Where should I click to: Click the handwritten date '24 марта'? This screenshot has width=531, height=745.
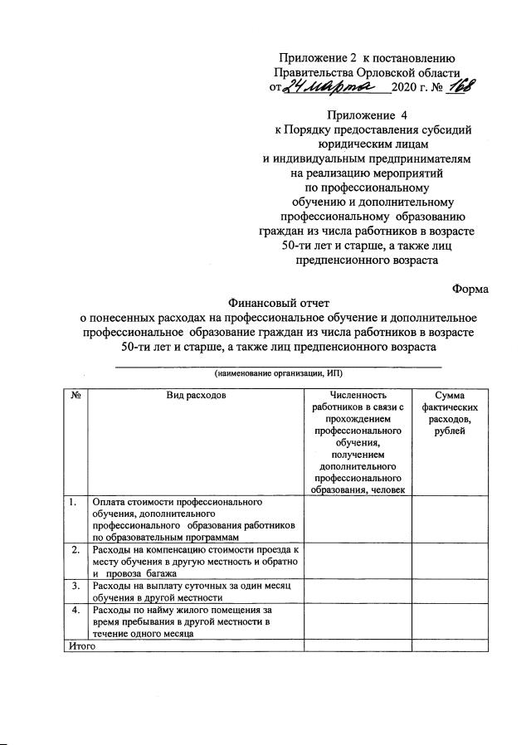[x=329, y=87]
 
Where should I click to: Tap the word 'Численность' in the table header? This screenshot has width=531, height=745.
[x=358, y=396]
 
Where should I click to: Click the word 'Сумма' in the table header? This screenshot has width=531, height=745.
[x=450, y=396]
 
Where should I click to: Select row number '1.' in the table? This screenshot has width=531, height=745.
[x=75, y=502]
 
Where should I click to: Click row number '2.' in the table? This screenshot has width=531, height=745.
[x=75, y=550]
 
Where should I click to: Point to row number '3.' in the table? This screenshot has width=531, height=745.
[x=75, y=586]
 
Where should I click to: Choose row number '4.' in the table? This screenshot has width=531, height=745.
[x=75, y=610]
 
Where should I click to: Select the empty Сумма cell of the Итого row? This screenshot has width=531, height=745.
[x=450, y=645]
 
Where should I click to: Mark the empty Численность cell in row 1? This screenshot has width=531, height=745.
[x=358, y=519]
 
